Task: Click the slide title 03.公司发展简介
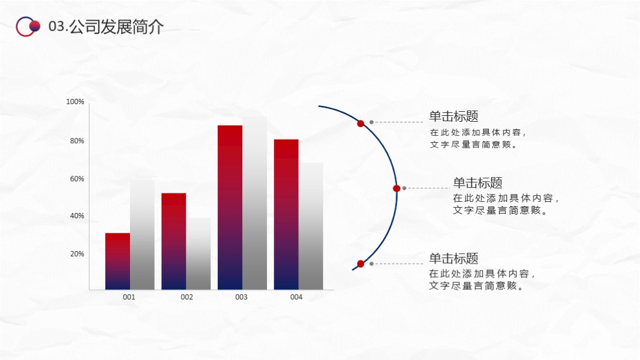pyautogui.click(x=106, y=26)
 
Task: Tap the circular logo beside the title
pyautogui.click(x=28, y=26)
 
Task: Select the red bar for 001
pyautogui.click(x=118, y=261)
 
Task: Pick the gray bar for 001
pyautogui.click(x=142, y=235)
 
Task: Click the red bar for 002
pyautogui.click(x=174, y=241)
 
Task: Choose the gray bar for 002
pyautogui.click(x=198, y=254)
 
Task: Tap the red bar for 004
pyautogui.click(x=286, y=214)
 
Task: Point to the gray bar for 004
pyautogui.click(x=311, y=226)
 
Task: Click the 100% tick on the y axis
pyautogui.click(x=75, y=102)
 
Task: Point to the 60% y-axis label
pyautogui.click(x=77, y=179)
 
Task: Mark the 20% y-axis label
pyautogui.click(x=77, y=254)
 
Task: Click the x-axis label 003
pyautogui.click(x=241, y=298)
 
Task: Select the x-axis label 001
pyautogui.click(x=129, y=298)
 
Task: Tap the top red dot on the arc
pyautogui.click(x=361, y=124)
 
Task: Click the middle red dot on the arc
pyautogui.click(x=396, y=188)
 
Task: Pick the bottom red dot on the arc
pyautogui.click(x=361, y=264)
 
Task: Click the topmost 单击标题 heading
pyautogui.click(x=454, y=116)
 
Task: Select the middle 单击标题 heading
pyautogui.click(x=477, y=183)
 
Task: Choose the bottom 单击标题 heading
pyautogui.click(x=454, y=258)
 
